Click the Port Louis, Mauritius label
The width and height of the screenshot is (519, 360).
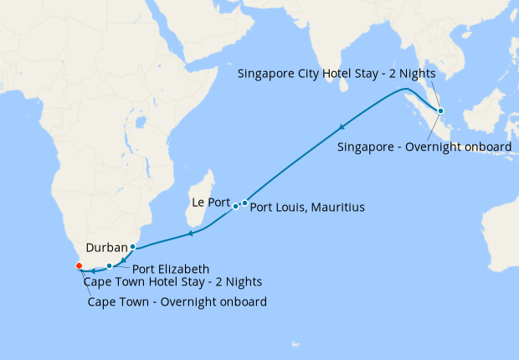click(x=307, y=206)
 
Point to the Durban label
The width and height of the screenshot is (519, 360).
click(x=105, y=248)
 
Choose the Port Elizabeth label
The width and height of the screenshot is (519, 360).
click(x=171, y=269)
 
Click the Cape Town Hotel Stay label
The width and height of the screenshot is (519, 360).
click(x=172, y=281)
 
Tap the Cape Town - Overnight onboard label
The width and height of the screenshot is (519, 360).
click(x=177, y=301)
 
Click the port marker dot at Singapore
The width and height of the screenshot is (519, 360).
click(x=441, y=111)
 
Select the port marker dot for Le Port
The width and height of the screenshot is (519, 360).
click(x=235, y=206)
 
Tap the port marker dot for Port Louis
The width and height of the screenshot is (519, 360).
click(x=244, y=203)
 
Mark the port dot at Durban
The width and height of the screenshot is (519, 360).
click(x=132, y=246)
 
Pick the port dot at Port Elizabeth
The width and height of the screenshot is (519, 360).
click(x=110, y=265)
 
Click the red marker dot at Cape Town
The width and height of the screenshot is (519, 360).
click(x=79, y=265)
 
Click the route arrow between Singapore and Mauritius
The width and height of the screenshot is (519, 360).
click(x=342, y=127)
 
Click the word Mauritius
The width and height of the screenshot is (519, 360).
click(x=337, y=206)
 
